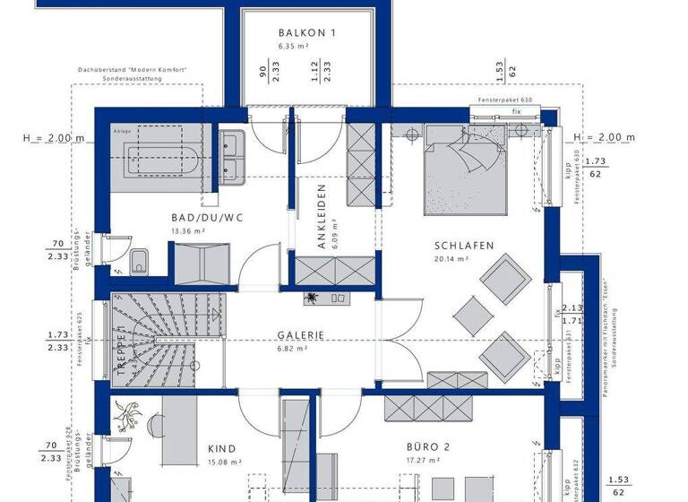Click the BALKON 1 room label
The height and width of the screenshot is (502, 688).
tap(306, 33)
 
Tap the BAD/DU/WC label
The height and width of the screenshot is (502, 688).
tap(208, 218)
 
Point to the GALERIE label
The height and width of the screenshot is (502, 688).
tap(299, 335)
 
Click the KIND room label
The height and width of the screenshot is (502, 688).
tap(221, 449)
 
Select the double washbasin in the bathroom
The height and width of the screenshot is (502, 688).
tap(233, 157)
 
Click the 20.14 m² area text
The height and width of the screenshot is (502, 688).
tap(451, 259)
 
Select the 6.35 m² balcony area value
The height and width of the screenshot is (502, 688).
tap(293, 45)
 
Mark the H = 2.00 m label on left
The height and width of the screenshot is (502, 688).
tap(54, 137)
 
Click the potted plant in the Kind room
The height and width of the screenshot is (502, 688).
tap(129, 415)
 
